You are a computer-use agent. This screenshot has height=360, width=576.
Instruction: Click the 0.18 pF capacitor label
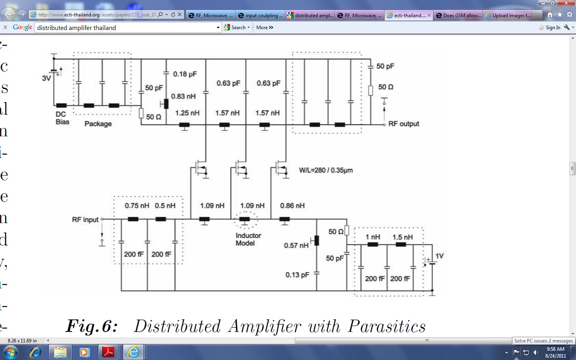click(x=185, y=74)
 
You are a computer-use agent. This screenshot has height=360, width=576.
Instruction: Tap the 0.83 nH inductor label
click(x=184, y=96)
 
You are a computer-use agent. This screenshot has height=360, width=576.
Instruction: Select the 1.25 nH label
click(x=187, y=113)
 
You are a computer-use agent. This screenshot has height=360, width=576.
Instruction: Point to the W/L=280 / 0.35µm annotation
click(x=326, y=170)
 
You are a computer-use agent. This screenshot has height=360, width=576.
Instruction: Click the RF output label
click(x=404, y=124)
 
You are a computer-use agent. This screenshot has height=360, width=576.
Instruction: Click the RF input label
click(x=85, y=220)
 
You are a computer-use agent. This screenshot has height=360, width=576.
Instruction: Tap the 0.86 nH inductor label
click(x=292, y=206)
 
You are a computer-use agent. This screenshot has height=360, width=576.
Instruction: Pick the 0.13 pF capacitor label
click(x=297, y=275)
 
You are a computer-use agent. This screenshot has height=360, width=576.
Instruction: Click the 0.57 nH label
click(x=296, y=245)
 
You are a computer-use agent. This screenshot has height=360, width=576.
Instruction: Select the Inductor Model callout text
click(x=248, y=239)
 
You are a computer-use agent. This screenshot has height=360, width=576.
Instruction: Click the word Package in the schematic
click(x=98, y=124)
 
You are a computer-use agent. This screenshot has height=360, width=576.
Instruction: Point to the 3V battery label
click(x=46, y=78)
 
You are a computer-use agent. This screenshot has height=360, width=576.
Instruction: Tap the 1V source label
click(x=439, y=256)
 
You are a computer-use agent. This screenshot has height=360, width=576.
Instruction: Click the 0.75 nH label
click(x=137, y=206)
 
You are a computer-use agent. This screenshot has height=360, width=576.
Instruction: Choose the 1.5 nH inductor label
click(x=402, y=237)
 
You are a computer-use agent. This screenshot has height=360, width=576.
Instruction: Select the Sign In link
click(x=553, y=28)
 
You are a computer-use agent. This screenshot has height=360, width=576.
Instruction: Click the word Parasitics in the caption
click(x=387, y=326)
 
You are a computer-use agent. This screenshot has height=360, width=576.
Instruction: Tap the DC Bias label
click(x=62, y=118)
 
